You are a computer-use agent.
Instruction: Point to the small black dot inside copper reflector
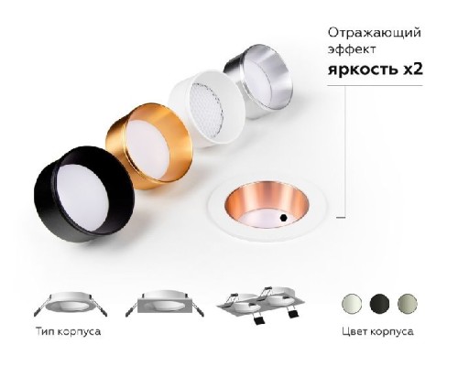pos(284,218)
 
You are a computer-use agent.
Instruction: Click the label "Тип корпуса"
pos(68,331)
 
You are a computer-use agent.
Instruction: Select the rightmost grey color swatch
pos(405,302)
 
